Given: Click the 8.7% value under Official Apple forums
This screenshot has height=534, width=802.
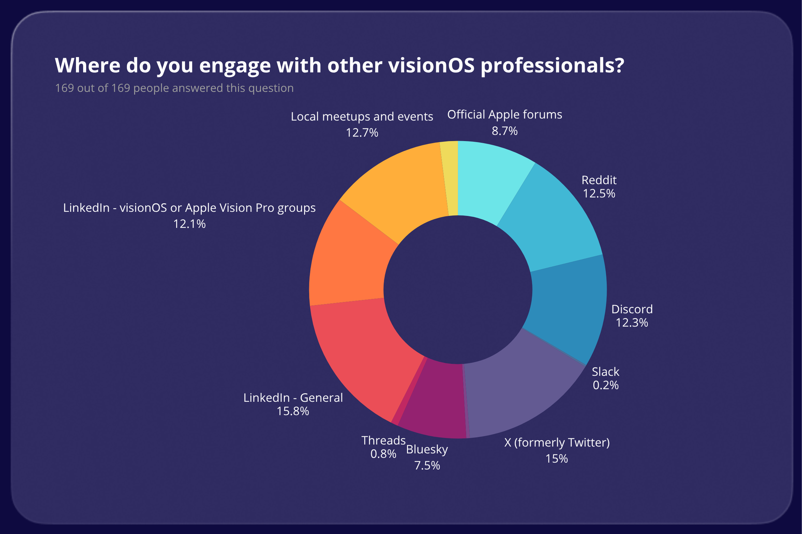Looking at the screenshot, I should click(504, 131).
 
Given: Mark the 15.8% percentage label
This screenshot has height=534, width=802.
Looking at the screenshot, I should click(293, 411).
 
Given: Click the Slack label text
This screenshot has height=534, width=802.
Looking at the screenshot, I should click(605, 372).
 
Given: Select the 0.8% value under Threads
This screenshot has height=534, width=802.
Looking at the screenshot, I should click(383, 454).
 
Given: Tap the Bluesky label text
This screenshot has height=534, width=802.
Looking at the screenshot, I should click(427, 449).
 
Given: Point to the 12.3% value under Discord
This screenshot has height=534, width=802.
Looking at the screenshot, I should click(632, 323).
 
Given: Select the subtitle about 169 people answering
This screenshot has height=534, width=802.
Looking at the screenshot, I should click(174, 88).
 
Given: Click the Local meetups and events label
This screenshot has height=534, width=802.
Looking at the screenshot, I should click(362, 117).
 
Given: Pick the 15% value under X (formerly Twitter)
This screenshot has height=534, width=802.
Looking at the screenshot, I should click(556, 459).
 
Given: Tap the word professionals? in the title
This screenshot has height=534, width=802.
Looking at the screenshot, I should click(552, 65).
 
